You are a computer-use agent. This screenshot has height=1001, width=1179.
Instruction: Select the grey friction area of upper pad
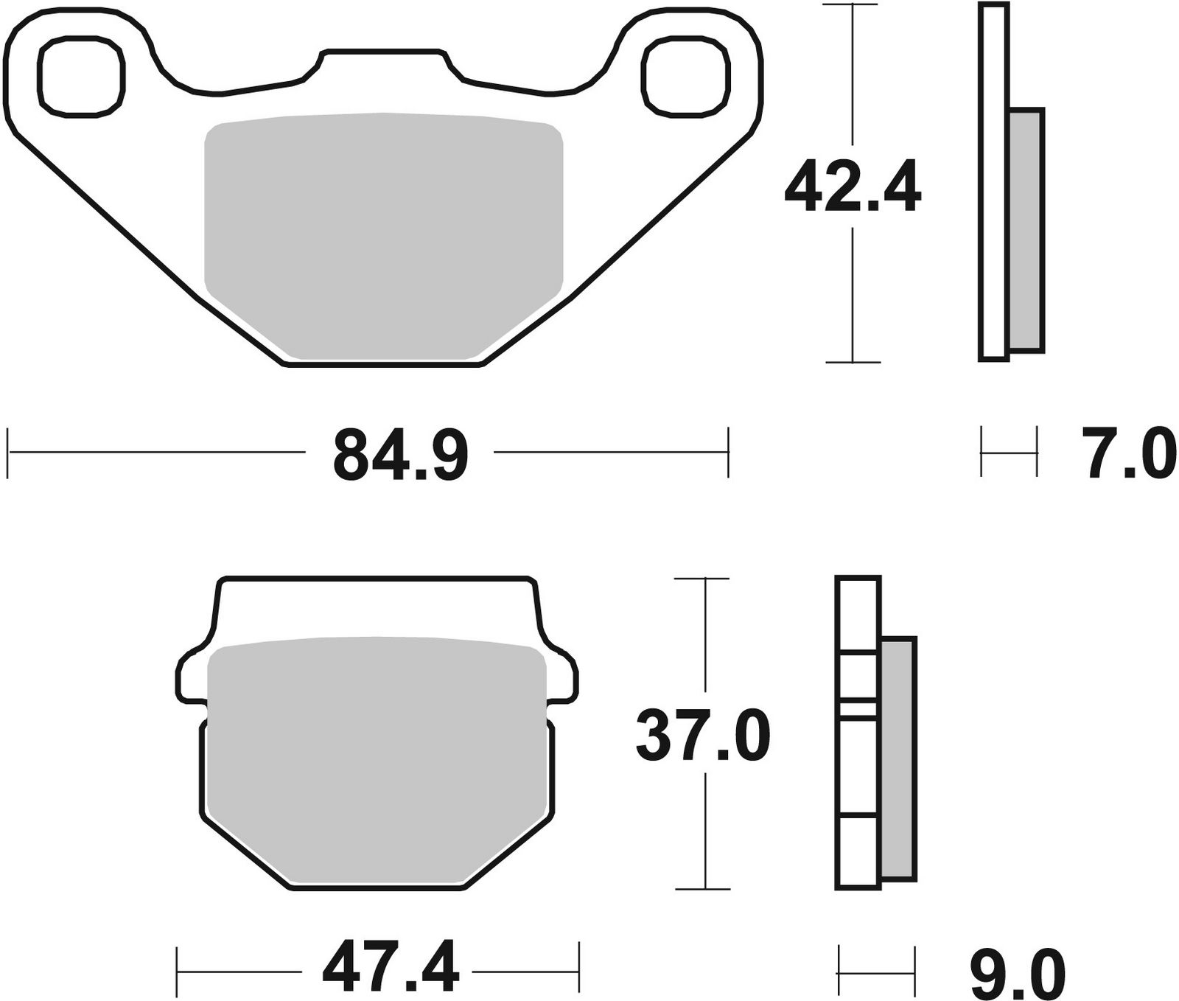pyautogui.click(x=383, y=236)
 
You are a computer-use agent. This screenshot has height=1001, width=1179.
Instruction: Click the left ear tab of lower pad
pyautogui.click(x=193, y=674)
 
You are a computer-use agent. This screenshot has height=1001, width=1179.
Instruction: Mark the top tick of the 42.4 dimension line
pyautogui.click(x=853, y=5)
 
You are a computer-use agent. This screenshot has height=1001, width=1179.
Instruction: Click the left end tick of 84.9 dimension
pyautogui.click(x=8, y=451)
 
